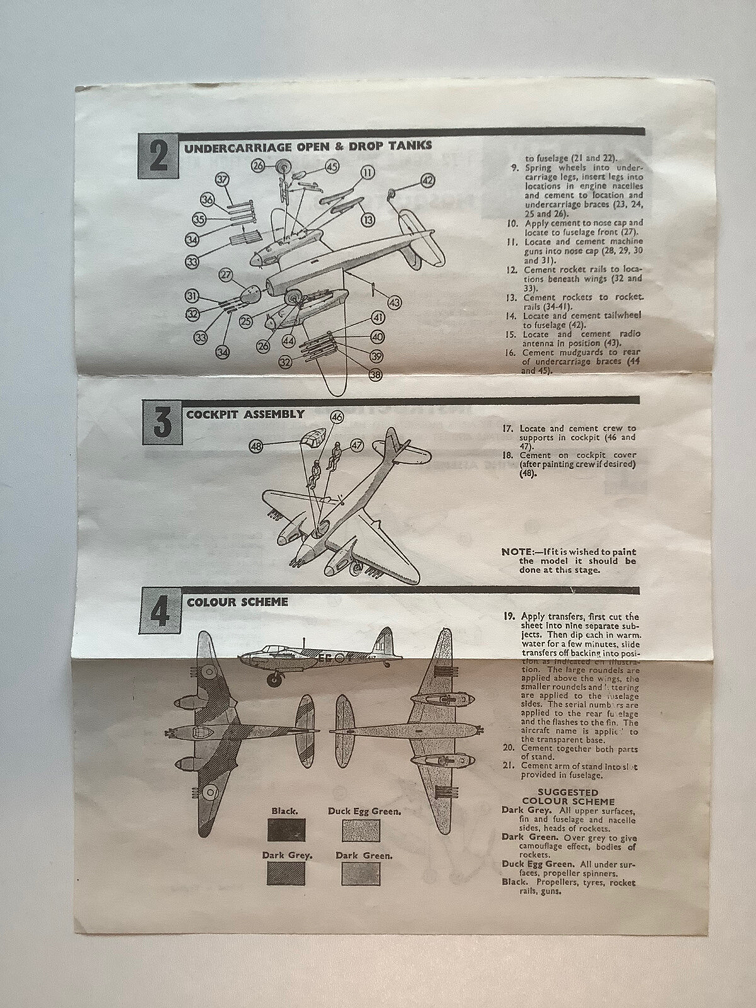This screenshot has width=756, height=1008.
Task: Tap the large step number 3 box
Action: click(163, 421)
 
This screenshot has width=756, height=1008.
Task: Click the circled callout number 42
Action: click(428, 181)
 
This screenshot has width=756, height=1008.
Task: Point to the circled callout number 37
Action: click(222, 180)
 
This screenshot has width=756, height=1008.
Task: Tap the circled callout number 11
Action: click(368, 173)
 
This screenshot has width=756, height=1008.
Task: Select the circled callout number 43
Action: click(394, 303)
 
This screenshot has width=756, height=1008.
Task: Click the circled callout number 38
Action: click(376, 375)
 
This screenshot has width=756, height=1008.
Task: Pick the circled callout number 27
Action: click(226, 275)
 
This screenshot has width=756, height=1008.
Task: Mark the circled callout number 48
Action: click(256, 445)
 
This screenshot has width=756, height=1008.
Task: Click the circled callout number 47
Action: click(357, 445)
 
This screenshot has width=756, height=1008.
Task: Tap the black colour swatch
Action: click(285, 830)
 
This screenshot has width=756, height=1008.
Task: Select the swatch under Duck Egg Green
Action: click(361, 830)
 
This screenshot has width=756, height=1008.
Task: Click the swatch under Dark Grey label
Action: click(285, 873)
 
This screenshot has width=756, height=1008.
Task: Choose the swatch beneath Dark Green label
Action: click(361, 873)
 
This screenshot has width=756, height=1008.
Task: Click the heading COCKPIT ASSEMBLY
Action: click(245, 415)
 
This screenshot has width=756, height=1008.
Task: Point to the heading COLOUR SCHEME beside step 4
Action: click(237, 602)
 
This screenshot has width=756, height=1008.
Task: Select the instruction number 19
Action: click(508, 616)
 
